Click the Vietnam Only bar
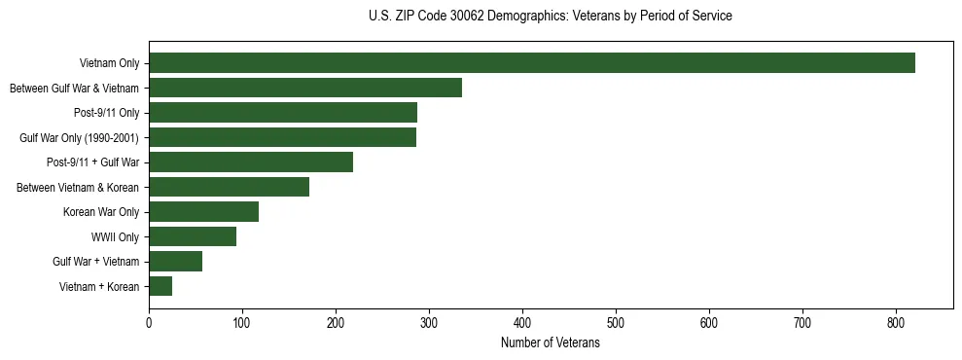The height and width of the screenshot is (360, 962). (x=531, y=63)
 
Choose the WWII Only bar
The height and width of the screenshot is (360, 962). (x=193, y=236)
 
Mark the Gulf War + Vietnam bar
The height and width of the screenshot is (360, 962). (x=175, y=262)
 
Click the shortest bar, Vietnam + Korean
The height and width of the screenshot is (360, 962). (x=160, y=286)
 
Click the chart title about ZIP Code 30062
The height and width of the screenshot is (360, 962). (x=551, y=17)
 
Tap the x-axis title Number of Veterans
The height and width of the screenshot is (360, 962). (x=551, y=343)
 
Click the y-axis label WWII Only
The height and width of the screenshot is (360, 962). (x=115, y=236)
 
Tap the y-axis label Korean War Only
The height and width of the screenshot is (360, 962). (x=101, y=212)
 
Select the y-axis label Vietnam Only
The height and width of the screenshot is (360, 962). (x=109, y=63)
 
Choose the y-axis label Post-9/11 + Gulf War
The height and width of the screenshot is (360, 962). (x=93, y=162)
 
